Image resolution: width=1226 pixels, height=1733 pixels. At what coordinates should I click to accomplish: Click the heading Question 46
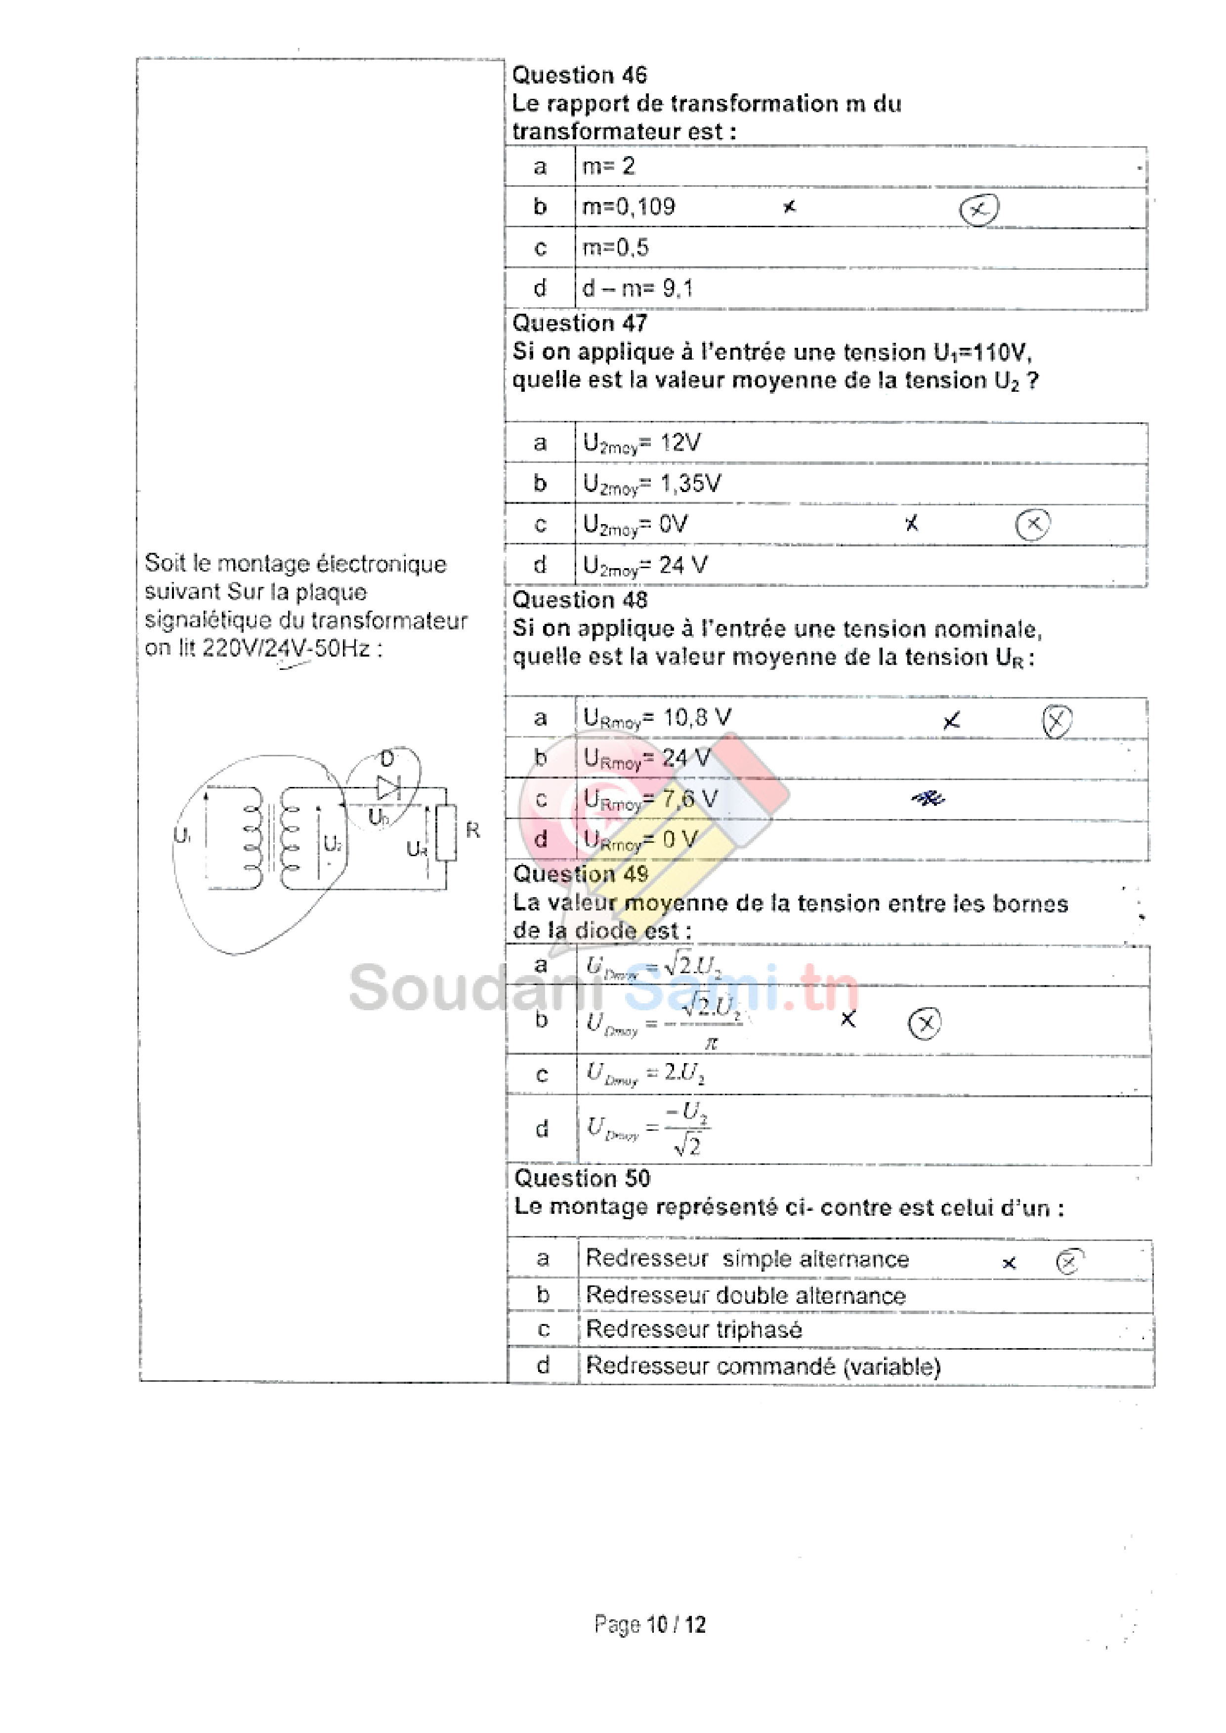pos(579,75)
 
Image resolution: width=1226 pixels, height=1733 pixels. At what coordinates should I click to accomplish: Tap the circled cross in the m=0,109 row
pos(978,209)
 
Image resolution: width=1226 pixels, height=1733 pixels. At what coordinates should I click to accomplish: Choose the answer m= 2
pos(608,166)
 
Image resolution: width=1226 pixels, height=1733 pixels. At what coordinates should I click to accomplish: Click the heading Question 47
pos(579,323)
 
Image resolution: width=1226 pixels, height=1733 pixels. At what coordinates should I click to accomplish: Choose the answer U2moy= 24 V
pos(645,565)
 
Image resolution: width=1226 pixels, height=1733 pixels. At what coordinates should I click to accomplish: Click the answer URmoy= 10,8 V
pos(657,718)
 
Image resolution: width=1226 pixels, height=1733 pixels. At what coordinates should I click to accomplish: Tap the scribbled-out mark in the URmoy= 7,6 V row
pos(928,798)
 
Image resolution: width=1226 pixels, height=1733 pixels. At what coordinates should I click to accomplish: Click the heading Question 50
pos(581,1178)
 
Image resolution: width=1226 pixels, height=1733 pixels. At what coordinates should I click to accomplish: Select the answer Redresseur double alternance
pos(745,1295)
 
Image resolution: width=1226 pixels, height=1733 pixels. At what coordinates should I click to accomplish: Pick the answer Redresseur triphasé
pos(694,1329)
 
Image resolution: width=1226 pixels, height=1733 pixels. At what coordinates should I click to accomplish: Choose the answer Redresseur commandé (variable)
pos(762,1365)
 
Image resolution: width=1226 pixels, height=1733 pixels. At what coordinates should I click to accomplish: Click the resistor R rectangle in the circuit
pos(446,833)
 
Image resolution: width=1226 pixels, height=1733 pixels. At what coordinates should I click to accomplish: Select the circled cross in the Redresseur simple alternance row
pos(1068,1261)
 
